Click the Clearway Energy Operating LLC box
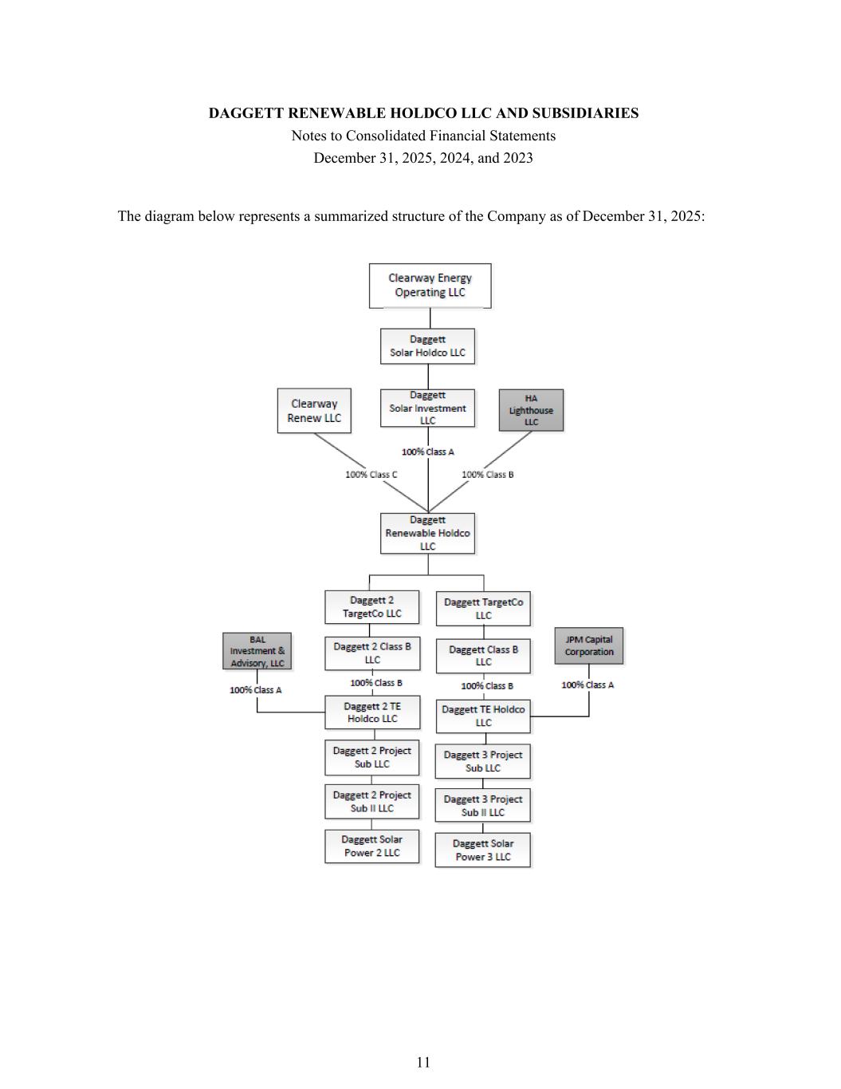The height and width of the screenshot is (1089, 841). pos(430,286)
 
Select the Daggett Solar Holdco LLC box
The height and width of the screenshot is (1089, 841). pos(427,346)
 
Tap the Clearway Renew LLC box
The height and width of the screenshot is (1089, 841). pos(314,411)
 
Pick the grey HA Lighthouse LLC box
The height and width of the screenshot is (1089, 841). pos(531,410)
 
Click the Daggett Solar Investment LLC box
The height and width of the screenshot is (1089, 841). pos(427,408)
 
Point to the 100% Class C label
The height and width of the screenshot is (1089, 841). pos(371,475)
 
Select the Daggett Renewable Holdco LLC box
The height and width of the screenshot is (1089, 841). pos(427,533)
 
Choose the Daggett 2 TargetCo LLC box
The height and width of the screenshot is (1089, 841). pos(371,607)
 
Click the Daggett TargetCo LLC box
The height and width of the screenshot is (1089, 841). pos(483,609)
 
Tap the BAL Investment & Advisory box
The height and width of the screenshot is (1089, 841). pos(257,652)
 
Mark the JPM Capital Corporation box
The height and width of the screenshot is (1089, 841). pos(589,645)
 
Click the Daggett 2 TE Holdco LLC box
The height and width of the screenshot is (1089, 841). pos(371,712)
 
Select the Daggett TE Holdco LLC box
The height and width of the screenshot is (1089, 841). pos(483,716)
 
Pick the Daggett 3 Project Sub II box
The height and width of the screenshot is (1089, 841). pos(482,806)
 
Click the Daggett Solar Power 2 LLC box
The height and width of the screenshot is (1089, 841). pos(371,846)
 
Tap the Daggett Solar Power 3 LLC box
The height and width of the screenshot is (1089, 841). pos(482,850)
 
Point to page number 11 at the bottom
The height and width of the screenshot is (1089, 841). pos(423,1062)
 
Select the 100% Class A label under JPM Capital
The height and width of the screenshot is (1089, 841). pos(588,685)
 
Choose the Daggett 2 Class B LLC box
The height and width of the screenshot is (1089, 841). pos(371,653)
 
